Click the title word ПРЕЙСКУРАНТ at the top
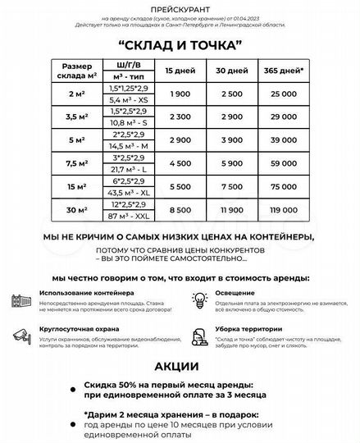pyautogui.click(x=179, y=7)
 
